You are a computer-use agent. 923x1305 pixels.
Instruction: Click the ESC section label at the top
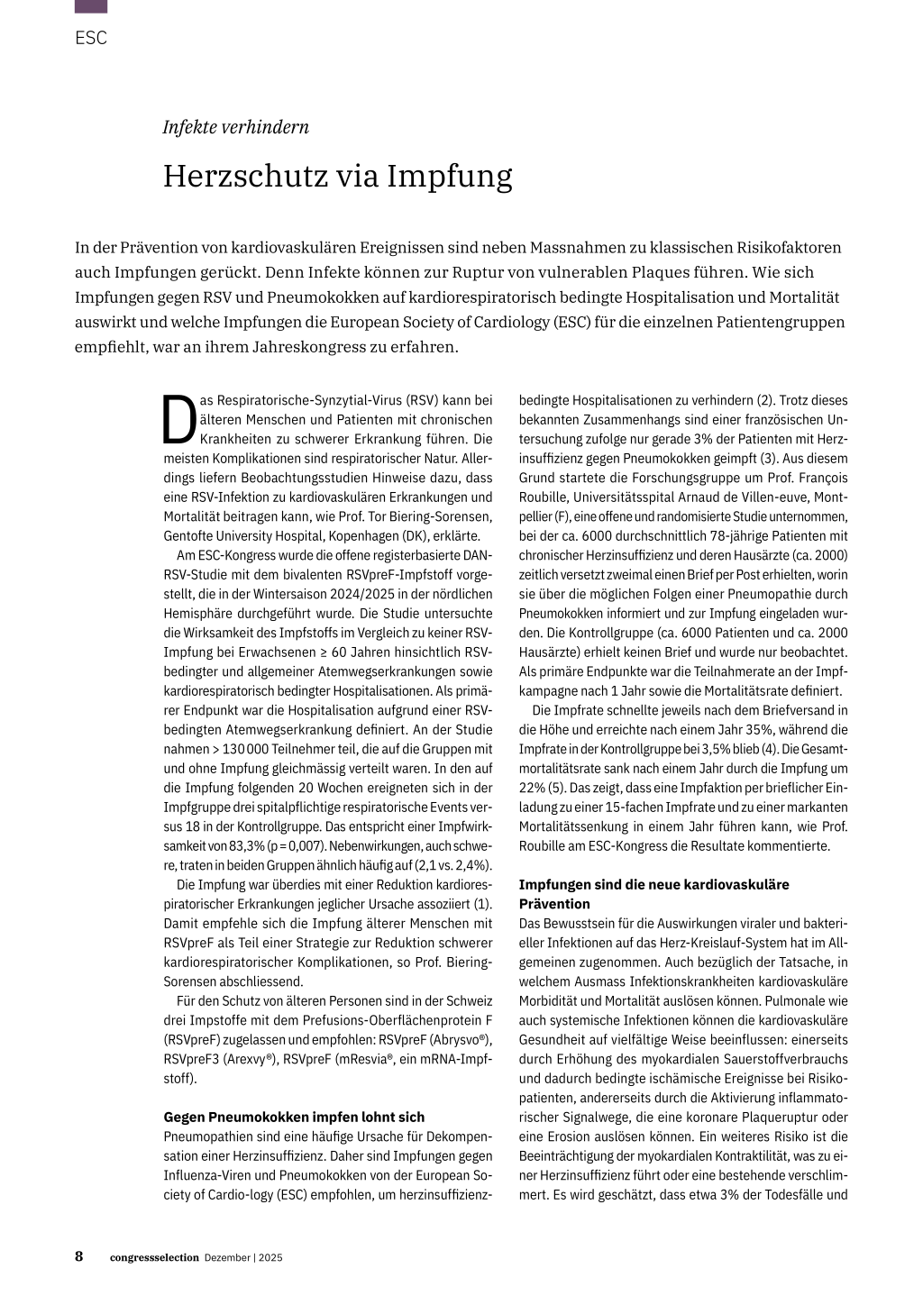pos(91,38)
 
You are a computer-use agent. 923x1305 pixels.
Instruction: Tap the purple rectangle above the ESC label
pos(91,6)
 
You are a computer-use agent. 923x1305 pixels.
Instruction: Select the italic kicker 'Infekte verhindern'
pos(235,127)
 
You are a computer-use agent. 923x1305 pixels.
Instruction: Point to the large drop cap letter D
pos(178,420)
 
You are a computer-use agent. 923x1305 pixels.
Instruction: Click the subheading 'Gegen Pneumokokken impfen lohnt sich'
pos(294,1117)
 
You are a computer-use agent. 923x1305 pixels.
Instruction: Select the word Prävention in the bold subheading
pos(554,904)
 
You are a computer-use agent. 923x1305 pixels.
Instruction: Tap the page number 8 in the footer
pos(79,1256)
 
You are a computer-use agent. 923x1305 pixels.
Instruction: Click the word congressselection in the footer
pos(154,1258)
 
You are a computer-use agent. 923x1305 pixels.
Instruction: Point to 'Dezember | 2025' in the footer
pos(243,1258)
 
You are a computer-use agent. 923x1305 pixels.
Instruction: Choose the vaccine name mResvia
pos(366,1059)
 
